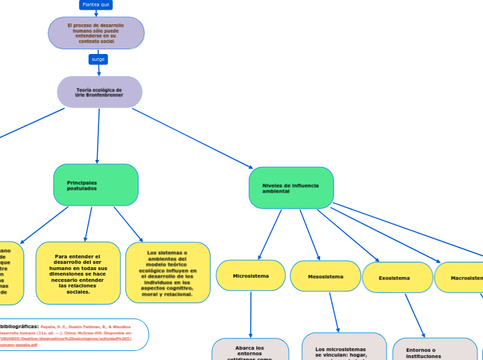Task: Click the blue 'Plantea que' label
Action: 96,5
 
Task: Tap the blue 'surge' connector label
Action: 98,60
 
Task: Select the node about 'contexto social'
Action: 96,33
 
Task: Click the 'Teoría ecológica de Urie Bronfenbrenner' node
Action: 99,92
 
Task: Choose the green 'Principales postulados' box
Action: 96,185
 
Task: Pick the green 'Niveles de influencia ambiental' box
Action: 291,188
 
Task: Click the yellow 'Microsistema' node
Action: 250,276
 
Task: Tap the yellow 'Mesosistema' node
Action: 325,276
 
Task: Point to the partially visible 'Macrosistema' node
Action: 461,278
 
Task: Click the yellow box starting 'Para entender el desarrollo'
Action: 77,273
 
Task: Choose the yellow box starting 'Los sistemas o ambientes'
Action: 168,272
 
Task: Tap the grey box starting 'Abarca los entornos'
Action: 250,350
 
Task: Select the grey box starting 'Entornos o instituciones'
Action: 434,350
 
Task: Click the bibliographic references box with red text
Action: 76,334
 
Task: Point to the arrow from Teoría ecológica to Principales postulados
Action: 98,136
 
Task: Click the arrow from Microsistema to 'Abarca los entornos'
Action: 250,314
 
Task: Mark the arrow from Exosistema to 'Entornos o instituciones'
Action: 414,315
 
